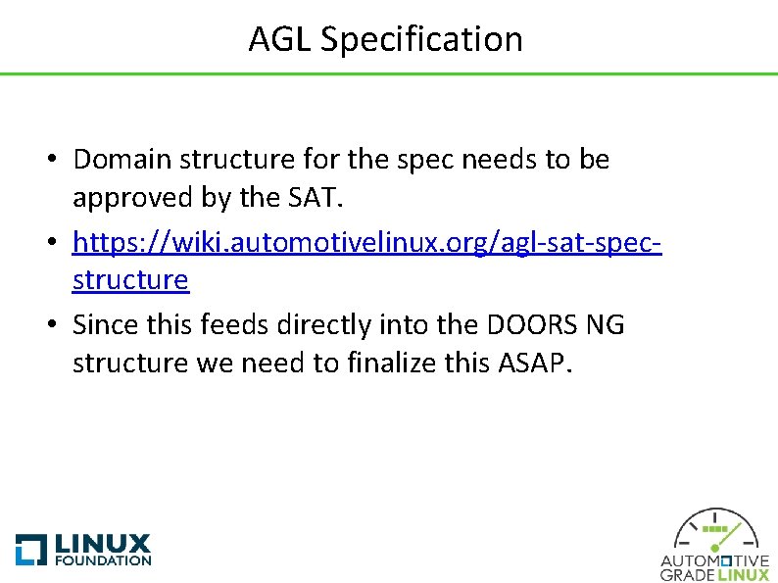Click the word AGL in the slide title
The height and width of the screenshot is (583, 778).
[280, 39]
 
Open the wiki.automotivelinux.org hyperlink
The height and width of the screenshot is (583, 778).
[367, 240]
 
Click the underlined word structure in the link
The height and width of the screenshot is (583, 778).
[130, 280]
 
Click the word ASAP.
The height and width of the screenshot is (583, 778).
[532, 364]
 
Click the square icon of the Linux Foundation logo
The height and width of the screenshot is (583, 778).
[30, 549]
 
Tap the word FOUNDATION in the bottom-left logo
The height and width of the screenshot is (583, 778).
[104, 560]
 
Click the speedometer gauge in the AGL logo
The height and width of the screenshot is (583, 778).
[714, 531]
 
